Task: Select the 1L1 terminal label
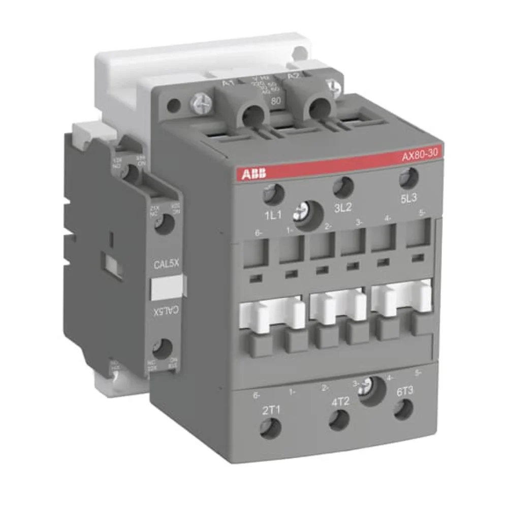click(x=273, y=215)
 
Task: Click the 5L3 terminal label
click(x=409, y=199)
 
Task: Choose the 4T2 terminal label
click(x=341, y=401)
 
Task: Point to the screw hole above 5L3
click(x=408, y=178)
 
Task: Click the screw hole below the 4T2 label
click(x=339, y=420)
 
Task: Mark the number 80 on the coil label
click(x=276, y=100)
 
